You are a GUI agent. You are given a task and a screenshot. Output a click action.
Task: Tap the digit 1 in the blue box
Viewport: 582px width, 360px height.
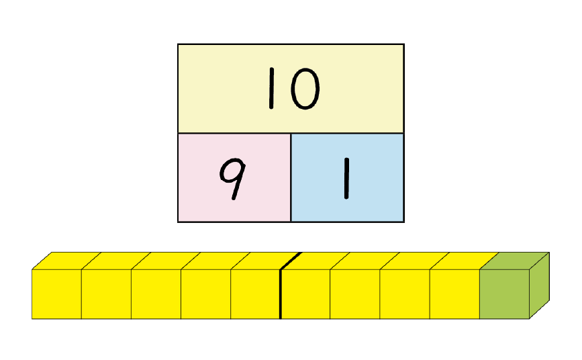pos(346,179)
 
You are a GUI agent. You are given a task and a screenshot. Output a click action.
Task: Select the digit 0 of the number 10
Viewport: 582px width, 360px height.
pos(305,89)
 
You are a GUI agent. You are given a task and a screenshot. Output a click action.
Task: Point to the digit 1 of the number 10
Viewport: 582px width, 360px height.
pos(271,89)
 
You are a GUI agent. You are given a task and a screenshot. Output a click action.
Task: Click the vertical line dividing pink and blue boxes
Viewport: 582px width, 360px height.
pos(291,177)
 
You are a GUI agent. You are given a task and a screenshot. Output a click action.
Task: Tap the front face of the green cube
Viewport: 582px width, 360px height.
pos(504,294)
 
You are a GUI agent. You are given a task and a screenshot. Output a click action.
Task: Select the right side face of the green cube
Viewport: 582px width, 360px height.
pos(539,285)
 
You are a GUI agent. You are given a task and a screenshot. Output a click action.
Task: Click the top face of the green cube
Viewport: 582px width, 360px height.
pos(514,261)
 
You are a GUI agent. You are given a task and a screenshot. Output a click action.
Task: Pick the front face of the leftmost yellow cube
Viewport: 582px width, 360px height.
pos(56,294)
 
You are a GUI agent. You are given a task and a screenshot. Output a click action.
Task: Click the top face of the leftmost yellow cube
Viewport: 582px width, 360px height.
pos(66,261)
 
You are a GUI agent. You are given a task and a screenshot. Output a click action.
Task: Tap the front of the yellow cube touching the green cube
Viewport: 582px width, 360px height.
pos(454,294)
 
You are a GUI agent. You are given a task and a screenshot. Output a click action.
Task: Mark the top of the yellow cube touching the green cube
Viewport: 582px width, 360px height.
pos(465,261)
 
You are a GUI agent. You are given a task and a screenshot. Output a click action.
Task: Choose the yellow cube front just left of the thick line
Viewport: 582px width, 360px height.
pos(255,294)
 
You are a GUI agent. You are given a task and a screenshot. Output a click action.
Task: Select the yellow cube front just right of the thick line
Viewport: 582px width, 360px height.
pos(305,294)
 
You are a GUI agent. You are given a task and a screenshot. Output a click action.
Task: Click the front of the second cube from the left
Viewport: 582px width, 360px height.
pos(106,294)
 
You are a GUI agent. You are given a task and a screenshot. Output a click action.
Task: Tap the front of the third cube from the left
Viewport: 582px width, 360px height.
pos(156,294)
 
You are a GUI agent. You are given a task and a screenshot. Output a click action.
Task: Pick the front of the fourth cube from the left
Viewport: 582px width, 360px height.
pos(205,294)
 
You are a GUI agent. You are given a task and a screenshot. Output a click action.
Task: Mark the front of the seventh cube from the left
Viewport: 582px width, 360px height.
pos(355,294)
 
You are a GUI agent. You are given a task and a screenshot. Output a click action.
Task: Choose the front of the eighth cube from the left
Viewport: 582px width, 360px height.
pos(405,294)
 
